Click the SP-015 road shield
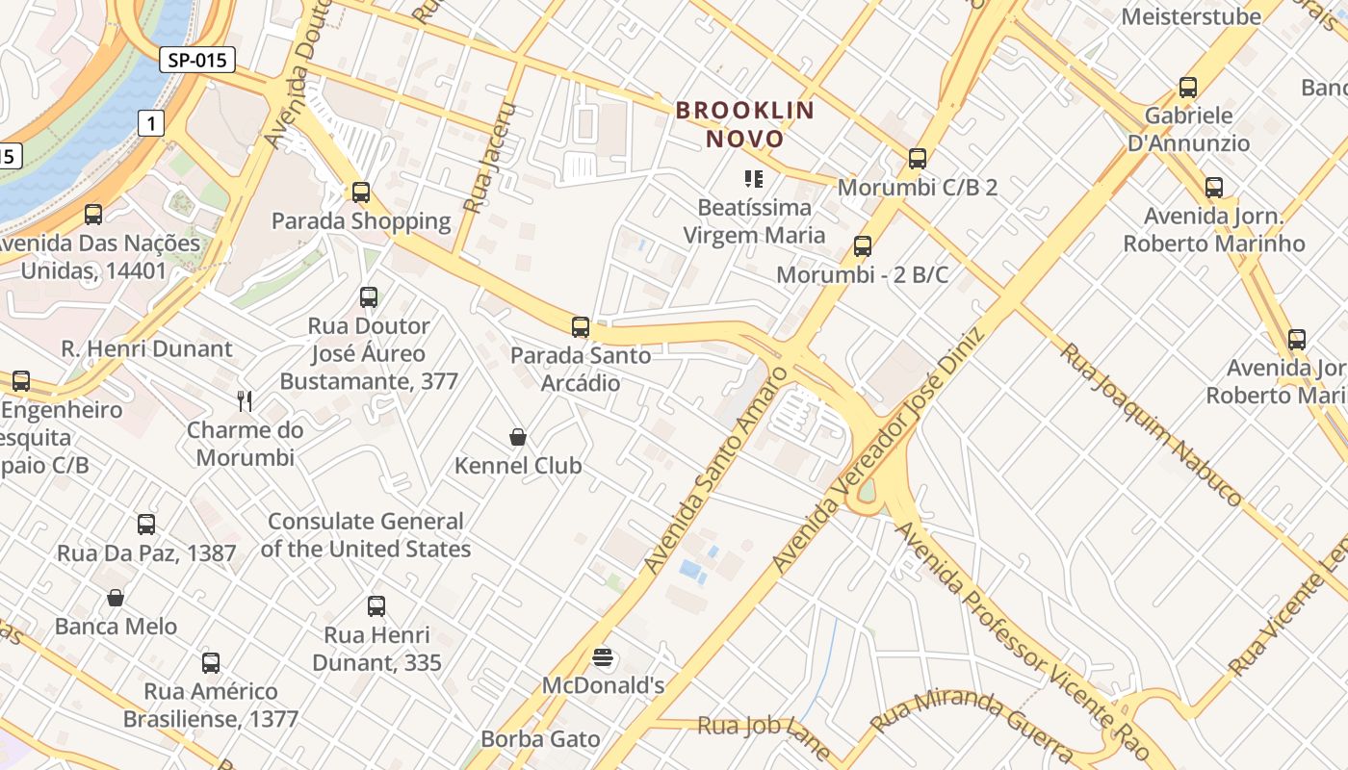tap(196, 60)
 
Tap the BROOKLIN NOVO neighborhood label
tap(745, 124)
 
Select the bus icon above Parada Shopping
tap(361, 192)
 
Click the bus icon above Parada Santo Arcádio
tap(581, 327)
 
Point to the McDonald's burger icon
tap(604, 658)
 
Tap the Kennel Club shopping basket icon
tap(518, 438)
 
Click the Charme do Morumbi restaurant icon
tap(246, 401)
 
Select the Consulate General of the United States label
tap(366, 535)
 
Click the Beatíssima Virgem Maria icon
tap(754, 179)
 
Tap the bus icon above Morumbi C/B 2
tap(918, 159)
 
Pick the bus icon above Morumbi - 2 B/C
tap(863, 246)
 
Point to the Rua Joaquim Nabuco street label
tap(1151, 423)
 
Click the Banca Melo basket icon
tap(116, 599)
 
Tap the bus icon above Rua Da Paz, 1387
tap(146, 525)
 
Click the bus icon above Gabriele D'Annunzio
tap(1188, 88)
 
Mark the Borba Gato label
tap(540, 739)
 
